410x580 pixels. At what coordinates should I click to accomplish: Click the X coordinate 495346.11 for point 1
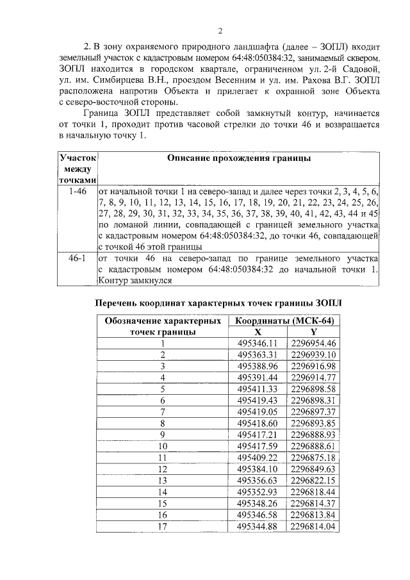(256, 343)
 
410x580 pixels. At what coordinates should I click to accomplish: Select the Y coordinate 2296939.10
(313, 354)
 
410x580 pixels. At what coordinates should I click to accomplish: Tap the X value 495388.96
(256, 366)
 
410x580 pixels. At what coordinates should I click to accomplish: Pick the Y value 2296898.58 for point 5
(313, 389)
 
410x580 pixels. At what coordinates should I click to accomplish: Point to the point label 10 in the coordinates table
(162, 445)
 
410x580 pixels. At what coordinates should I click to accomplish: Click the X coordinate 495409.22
(256, 457)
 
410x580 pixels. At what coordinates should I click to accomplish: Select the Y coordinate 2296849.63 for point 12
(313, 468)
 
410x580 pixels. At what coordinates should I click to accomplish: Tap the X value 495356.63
(256, 480)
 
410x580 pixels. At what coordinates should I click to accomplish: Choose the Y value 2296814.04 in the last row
(313, 526)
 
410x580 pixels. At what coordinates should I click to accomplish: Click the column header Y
(313, 332)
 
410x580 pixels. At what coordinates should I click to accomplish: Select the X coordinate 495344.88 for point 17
(256, 526)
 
